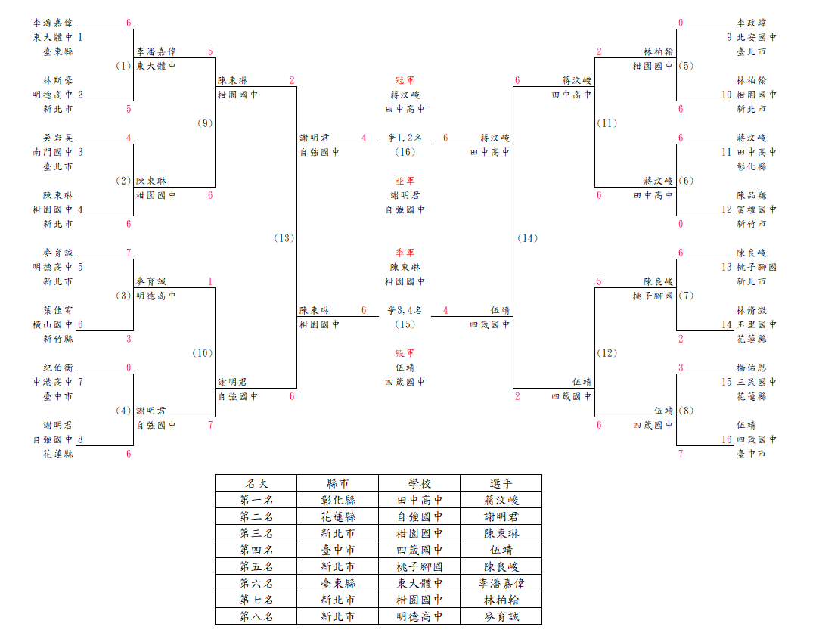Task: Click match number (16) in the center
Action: pyautogui.click(x=405, y=152)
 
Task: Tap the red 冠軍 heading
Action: pyautogui.click(x=405, y=80)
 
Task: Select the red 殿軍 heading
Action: pyautogui.click(x=405, y=353)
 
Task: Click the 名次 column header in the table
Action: pyautogui.click(x=256, y=483)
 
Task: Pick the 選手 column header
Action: pyautogui.click(x=501, y=483)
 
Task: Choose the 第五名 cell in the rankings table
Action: pyautogui.click(x=256, y=566)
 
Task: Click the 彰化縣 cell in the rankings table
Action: pyautogui.click(x=338, y=500)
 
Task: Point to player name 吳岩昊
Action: pyautogui.click(x=58, y=138)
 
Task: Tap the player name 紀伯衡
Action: pyautogui.click(x=58, y=368)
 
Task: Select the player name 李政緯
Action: pyautogui.click(x=752, y=23)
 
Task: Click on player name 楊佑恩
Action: pyautogui.click(x=752, y=368)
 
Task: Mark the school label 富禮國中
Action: pyautogui.click(x=757, y=209)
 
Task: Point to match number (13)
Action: pyautogui.click(x=284, y=238)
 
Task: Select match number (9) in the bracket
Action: pyautogui.click(x=205, y=123)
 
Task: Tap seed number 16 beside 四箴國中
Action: pyautogui.click(x=727, y=439)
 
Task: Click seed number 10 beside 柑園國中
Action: pyautogui.click(x=727, y=95)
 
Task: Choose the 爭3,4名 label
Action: pyautogui.click(x=405, y=310)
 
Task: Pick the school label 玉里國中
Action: pyautogui.click(x=757, y=324)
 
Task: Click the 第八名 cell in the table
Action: pyautogui.click(x=256, y=616)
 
